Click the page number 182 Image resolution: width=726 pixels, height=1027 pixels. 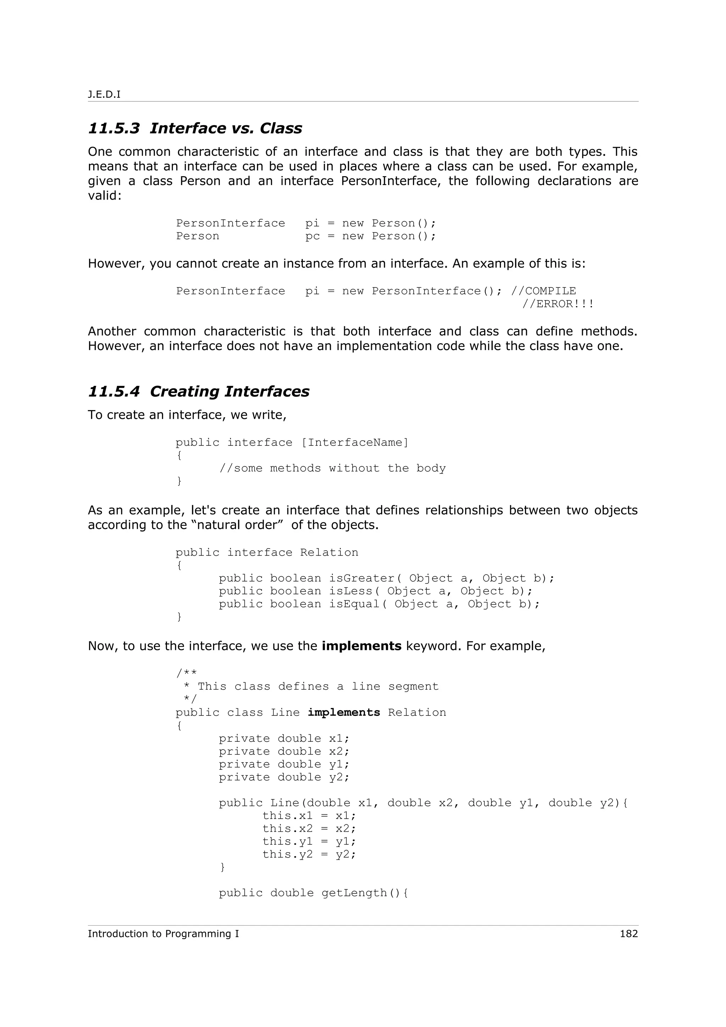coord(629,933)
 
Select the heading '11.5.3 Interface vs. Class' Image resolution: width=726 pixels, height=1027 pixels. coord(195,128)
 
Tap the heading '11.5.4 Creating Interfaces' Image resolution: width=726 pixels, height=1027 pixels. coord(199,391)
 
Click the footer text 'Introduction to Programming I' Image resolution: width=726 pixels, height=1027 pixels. coord(163,933)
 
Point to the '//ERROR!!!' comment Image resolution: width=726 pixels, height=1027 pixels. coord(558,304)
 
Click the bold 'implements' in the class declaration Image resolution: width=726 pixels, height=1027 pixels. coord(344,713)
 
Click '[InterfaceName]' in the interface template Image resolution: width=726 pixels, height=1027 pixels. coord(355,443)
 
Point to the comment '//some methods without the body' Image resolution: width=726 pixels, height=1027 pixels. coord(333,468)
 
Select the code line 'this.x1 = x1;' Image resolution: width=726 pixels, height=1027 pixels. coord(309,816)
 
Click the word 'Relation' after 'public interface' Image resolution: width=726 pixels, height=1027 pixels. coord(329,553)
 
